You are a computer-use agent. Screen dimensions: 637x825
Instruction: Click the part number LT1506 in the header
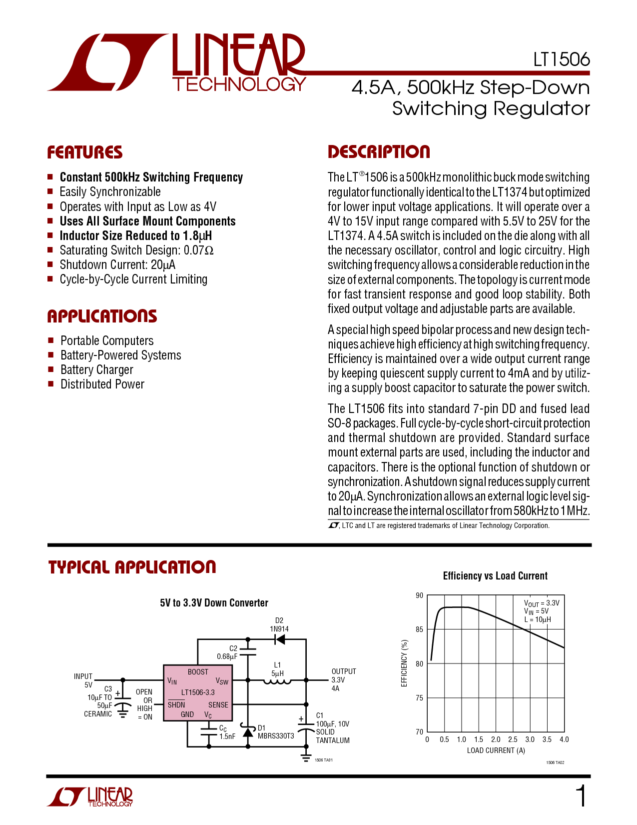pyautogui.click(x=561, y=59)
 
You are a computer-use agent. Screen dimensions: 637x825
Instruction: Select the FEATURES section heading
pyautogui.click(x=84, y=152)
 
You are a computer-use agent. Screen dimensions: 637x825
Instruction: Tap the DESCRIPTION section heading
pyautogui.click(x=379, y=151)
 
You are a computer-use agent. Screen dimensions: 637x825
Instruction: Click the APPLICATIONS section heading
pyautogui.click(x=102, y=316)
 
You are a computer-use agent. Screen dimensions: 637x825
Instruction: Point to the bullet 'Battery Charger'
pyautogui.click(x=97, y=369)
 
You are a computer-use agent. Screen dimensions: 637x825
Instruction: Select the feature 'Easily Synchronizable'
pyautogui.click(x=110, y=191)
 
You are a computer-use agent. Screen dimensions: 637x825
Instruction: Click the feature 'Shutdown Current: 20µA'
pyautogui.click(x=117, y=264)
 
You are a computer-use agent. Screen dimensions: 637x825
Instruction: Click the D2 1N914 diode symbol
pyautogui.click(x=280, y=639)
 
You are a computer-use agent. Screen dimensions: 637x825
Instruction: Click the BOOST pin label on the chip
pyautogui.click(x=198, y=672)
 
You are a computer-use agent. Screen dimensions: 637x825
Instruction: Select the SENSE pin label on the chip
pyautogui.click(x=218, y=704)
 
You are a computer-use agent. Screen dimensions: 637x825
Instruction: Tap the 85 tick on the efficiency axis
pyautogui.click(x=419, y=629)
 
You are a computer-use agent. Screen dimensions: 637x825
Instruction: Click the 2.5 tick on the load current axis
pyautogui.click(x=513, y=739)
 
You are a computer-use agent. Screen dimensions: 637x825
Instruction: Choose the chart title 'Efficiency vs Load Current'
pyautogui.click(x=495, y=575)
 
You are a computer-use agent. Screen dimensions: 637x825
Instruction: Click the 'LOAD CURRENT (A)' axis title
pyautogui.click(x=496, y=750)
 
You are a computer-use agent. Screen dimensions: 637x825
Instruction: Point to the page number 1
pyautogui.click(x=581, y=796)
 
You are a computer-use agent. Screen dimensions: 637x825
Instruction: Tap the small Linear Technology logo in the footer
pyautogui.click(x=90, y=796)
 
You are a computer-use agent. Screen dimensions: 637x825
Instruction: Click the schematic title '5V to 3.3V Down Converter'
pyautogui.click(x=214, y=603)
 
